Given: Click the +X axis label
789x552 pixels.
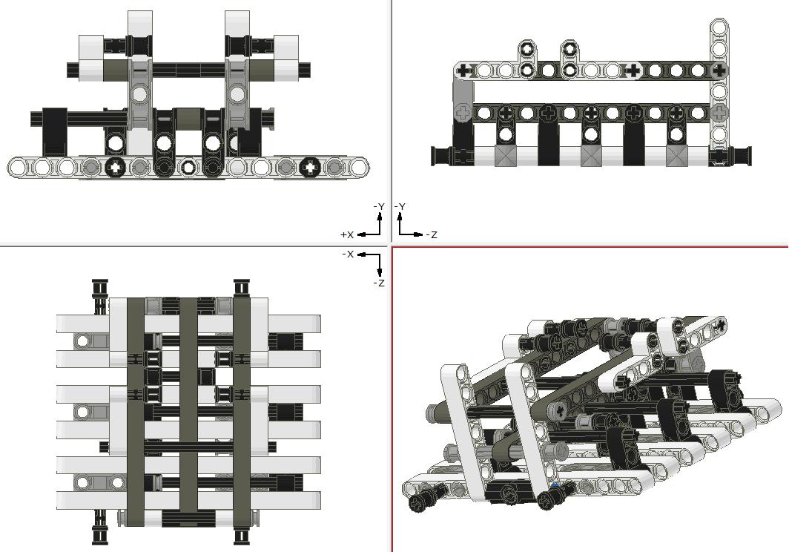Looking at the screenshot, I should (346, 234).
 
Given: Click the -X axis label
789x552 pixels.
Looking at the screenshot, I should (348, 254).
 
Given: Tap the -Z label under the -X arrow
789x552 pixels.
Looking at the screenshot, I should (378, 283).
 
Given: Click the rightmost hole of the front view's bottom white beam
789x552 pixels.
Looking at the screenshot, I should (357, 167).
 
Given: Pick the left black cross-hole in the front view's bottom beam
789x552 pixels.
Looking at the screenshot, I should (116, 167).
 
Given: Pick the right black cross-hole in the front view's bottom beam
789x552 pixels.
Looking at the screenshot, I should (308, 167).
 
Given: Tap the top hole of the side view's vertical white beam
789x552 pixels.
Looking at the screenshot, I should (719, 27).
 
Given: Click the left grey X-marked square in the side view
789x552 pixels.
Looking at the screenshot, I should (505, 156).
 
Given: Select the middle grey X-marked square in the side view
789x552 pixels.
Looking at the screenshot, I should (591, 156).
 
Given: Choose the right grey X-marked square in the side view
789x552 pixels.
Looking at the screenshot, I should (676, 156).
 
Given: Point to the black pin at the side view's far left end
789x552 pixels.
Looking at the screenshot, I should (442, 156).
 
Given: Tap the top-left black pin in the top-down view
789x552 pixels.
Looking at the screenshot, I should (100, 289).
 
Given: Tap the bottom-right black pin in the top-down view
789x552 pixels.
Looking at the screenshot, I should (241, 533).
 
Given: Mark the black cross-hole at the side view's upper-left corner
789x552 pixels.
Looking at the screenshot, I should (464, 71).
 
